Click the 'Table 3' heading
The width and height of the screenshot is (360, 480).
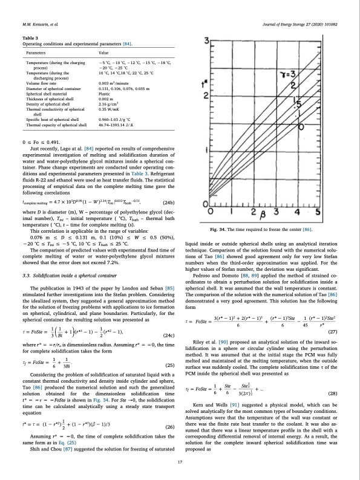pyautogui.click(x=30, y=37)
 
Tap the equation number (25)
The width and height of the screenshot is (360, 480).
pyautogui.click(x=169, y=349)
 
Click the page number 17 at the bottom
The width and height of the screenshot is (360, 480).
pyautogui.click(x=180, y=463)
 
